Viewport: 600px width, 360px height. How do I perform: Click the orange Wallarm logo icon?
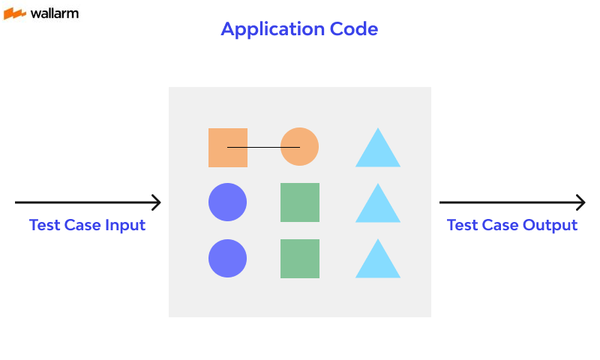pos(15,13)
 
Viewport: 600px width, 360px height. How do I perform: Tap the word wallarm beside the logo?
pos(54,13)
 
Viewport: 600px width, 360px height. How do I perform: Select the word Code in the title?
pos(354,29)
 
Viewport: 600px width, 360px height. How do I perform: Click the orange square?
pos(227,148)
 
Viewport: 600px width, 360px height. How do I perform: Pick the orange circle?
pos(299,147)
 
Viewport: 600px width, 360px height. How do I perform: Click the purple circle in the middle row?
pos(227,202)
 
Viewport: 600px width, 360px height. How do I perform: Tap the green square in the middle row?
pos(299,202)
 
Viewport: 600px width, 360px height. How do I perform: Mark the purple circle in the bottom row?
pos(227,259)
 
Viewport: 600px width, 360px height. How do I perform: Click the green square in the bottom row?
pos(299,259)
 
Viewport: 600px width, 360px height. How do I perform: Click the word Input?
pos(125,226)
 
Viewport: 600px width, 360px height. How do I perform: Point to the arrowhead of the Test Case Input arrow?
pos(157,202)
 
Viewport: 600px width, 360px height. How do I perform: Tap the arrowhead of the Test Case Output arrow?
pos(580,202)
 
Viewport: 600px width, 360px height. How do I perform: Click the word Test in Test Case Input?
pos(43,225)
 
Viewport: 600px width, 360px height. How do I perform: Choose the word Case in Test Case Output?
pos(498,225)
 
